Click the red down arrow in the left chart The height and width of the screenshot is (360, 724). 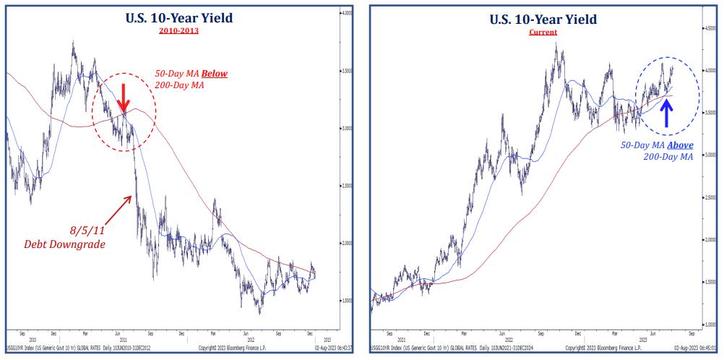point(124,97)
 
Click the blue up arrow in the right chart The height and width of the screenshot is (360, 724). point(666,113)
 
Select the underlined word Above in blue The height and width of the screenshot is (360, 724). point(676,145)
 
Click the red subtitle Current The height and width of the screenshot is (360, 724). point(543,32)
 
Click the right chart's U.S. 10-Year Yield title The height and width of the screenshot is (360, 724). point(543,20)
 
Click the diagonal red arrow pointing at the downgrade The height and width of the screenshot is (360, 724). point(116,210)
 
